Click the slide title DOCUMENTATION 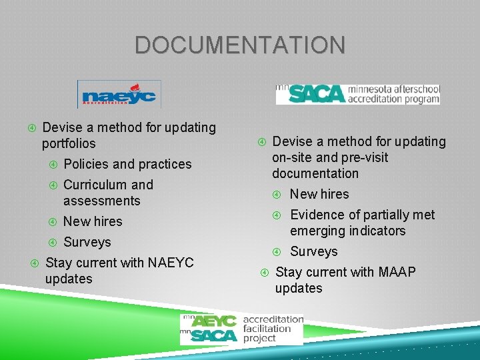point(240,45)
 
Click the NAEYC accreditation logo point(119,95)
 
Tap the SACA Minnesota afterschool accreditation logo point(358,94)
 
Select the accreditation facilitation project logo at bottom point(241,329)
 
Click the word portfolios point(69,143)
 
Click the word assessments point(101,201)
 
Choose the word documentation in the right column point(315,173)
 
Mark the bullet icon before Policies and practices point(53,164)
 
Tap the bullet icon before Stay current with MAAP point(264,272)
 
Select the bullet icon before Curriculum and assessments point(53,185)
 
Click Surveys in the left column point(87,242)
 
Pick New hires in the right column point(319,194)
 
